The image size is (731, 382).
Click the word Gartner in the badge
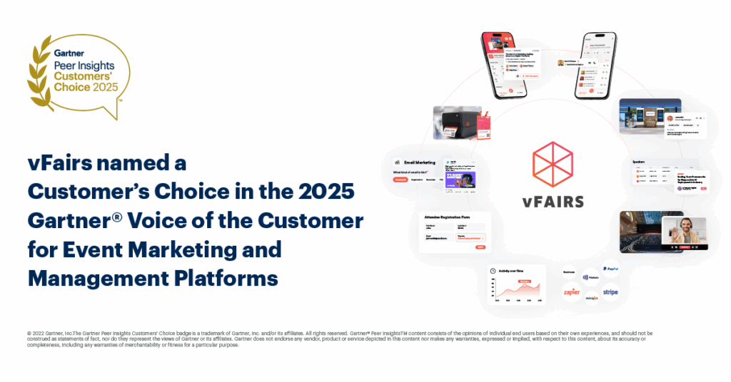pos(68,53)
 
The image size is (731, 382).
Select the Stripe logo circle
pos(610,292)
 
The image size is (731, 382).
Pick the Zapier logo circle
pos(572,292)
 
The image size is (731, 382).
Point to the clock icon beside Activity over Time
pos(493,270)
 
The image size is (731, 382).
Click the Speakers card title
pos(639,162)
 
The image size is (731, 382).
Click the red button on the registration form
pos(480,247)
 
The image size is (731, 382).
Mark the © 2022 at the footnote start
pos(36,333)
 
